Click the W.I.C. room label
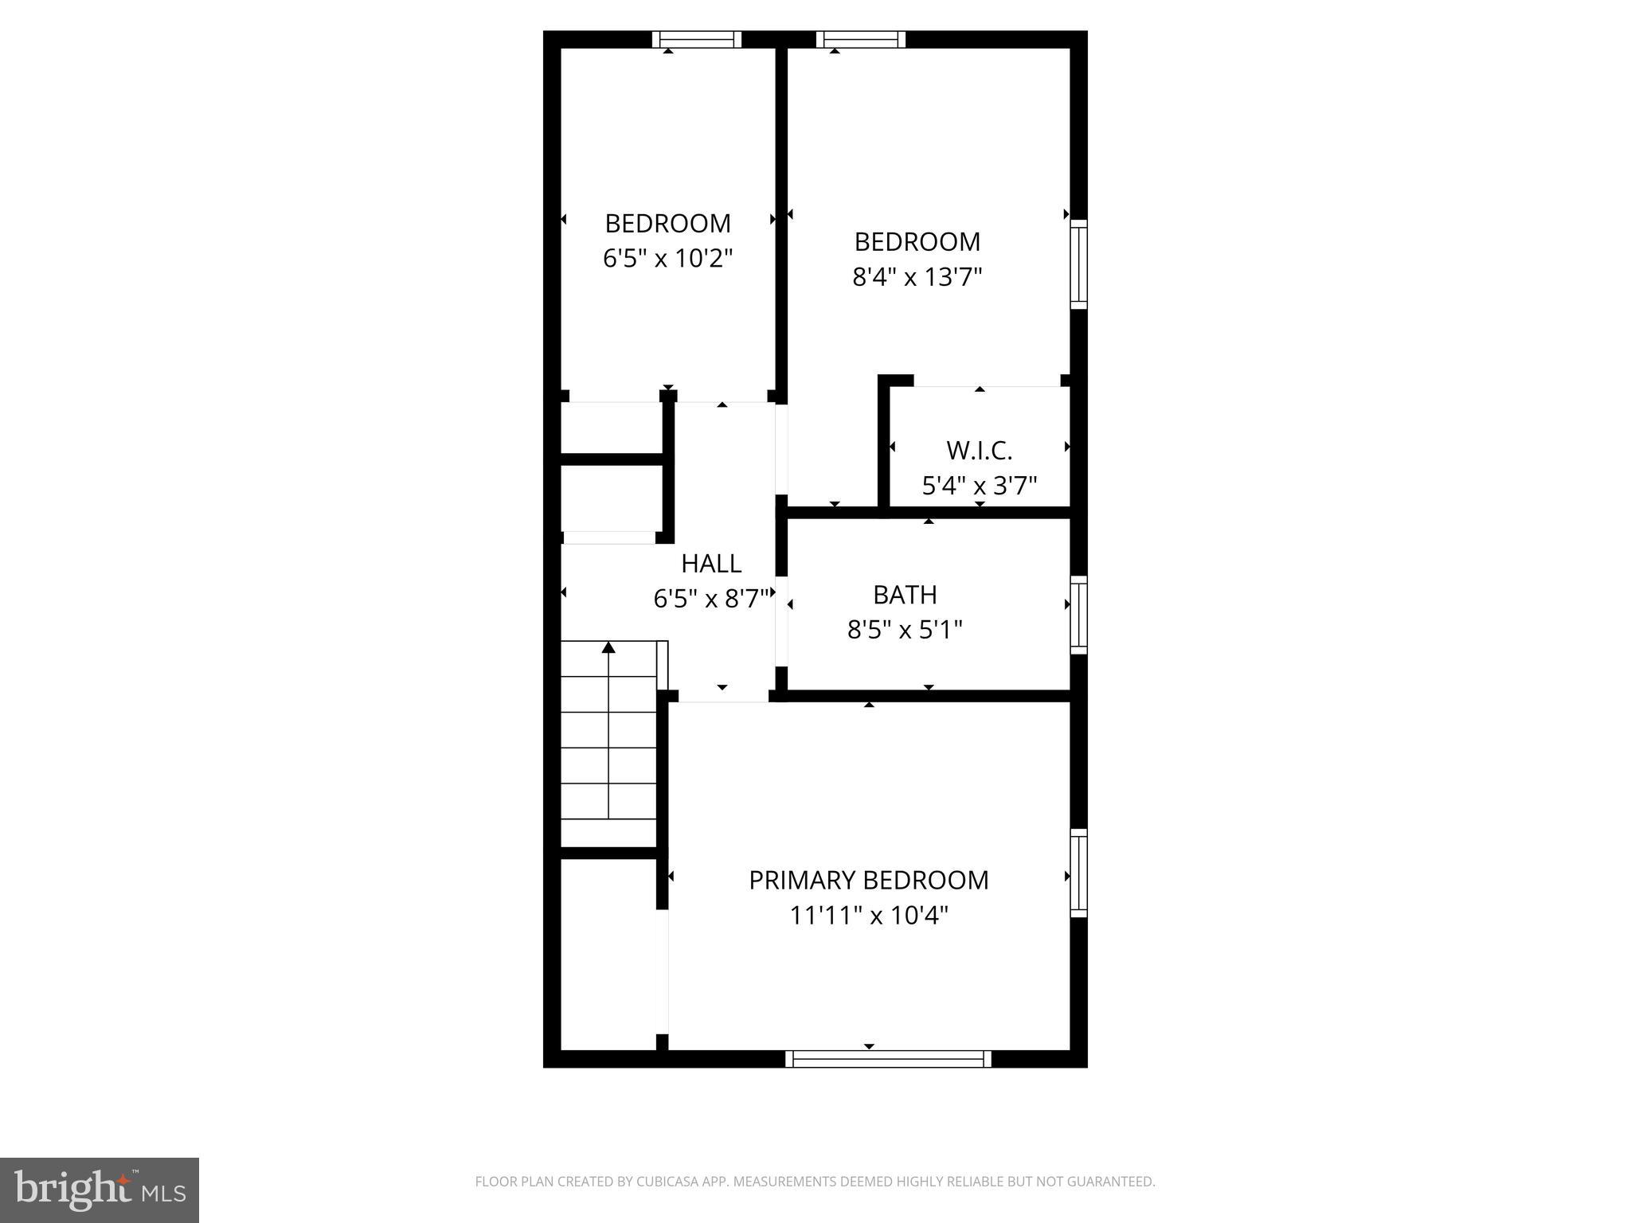[x=979, y=451]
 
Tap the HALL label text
[x=711, y=564]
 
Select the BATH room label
[x=905, y=595]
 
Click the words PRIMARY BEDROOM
[x=869, y=880]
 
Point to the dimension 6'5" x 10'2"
[x=667, y=259]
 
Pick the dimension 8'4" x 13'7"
[x=917, y=277]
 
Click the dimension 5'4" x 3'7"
[x=980, y=486]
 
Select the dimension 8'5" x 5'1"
[x=905, y=631]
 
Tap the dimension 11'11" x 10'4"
[x=869, y=916]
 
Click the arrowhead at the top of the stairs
[x=609, y=647]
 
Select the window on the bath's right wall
[x=1078, y=615]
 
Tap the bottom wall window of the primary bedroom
[x=888, y=1059]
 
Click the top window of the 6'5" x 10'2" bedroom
[x=697, y=39]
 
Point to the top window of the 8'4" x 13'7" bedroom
[x=861, y=39]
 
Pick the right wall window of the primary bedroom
[x=1078, y=873]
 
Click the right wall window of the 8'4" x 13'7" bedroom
[x=1078, y=265]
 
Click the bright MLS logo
[x=100, y=1190]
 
